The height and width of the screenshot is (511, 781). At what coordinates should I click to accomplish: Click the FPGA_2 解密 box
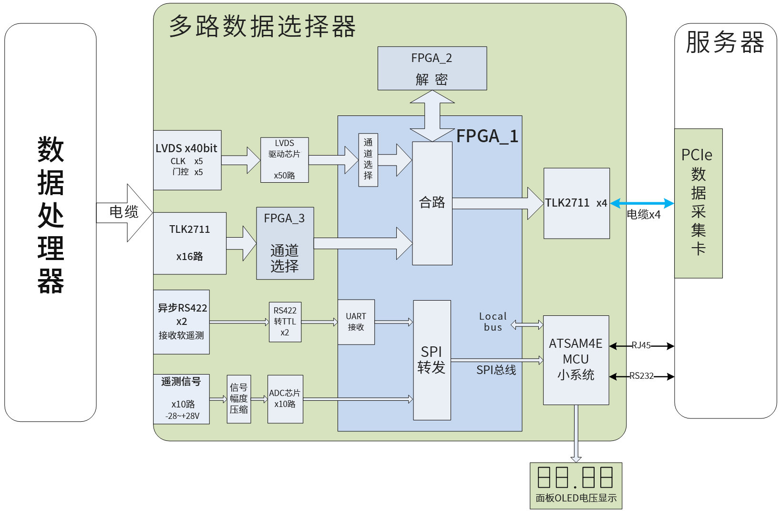(432, 68)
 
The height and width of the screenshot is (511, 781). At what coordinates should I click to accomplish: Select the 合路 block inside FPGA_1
(432, 203)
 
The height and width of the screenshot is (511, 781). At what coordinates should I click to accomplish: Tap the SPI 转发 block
(432, 360)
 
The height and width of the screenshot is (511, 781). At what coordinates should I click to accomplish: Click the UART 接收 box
(356, 322)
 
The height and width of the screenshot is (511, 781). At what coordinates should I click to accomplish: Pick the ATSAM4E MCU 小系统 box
(576, 360)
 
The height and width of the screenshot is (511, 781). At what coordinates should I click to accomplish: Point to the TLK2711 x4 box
(576, 203)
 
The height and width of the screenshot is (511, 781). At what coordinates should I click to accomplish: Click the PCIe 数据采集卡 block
(698, 203)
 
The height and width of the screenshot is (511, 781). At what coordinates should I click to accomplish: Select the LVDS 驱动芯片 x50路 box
(285, 160)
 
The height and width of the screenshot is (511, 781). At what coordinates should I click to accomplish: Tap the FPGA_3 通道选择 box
(285, 243)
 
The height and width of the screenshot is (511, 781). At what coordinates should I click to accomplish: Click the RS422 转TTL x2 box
(285, 322)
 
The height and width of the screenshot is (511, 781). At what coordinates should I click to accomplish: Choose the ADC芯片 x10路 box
(285, 399)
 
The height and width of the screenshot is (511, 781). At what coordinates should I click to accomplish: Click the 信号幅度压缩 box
(239, 399)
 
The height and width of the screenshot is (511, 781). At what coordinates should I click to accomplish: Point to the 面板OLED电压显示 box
(576, 486)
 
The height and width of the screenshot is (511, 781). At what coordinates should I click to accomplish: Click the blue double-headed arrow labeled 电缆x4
(642, 204)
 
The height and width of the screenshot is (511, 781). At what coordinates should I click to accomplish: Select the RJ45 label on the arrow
(641, 345)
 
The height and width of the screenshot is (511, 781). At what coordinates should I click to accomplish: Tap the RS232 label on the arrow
(641, 376)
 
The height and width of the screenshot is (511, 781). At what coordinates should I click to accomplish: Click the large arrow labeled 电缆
(125, 213)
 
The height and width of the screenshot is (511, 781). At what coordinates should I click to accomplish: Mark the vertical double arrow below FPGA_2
(432, 116)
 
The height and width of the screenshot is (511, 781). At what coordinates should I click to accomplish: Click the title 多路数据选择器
(262, 26)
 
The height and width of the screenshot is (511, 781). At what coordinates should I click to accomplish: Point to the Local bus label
(493, 322)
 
